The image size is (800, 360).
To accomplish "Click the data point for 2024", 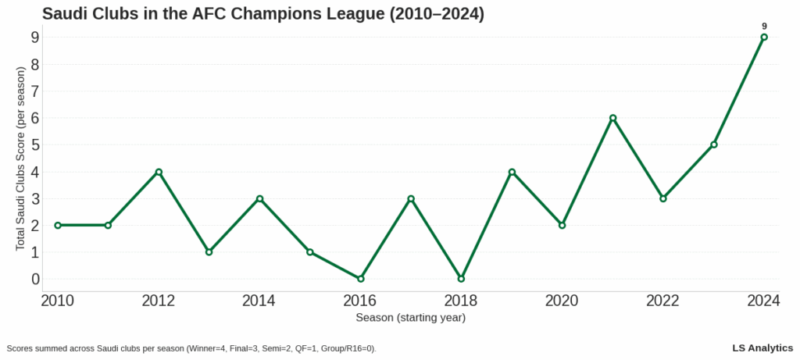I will (x=764, y=37).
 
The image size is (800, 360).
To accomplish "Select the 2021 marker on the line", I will (x=613, y=118).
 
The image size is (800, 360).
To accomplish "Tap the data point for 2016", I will (x=360, y=279).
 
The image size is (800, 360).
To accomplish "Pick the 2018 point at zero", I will (x=461, y=279).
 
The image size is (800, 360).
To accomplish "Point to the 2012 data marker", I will (x=159, y=172).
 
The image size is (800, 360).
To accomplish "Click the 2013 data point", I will (x=209, y=252).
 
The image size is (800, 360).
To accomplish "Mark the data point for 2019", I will (x=512, y=172).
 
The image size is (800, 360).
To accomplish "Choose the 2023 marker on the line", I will (x=714, y=144).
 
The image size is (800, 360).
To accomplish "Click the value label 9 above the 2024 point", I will (x=764, y=26).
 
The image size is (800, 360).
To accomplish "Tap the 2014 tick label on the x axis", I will (x=259, y=301).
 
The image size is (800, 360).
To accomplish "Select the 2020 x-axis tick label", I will (x=562, y=301).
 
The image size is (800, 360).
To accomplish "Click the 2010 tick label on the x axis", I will (x=57, y=301).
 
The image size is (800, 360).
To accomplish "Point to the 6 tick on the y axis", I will (x=35, y=118).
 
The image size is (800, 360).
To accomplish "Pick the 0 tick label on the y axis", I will (x=35, y=279).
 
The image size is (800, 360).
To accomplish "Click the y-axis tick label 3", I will (x=35, y=198).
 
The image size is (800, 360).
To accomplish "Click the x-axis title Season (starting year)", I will (x=410, y=318).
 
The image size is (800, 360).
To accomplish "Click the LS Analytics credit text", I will (x=762, y=348).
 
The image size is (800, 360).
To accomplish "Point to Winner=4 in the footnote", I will (x=208, y=348).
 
